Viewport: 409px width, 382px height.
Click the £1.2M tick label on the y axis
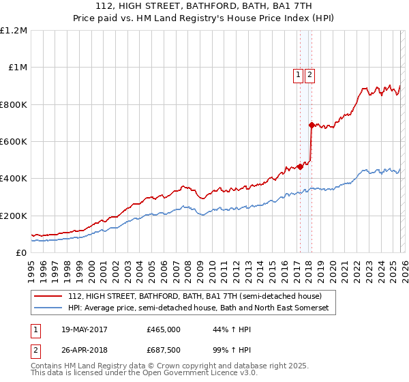(14, 31)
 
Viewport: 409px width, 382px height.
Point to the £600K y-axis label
(14, 142)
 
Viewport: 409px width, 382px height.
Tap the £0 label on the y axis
(22, 252)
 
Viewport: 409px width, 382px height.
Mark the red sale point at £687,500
(311, 126)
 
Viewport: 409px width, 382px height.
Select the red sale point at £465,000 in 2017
(300, 166)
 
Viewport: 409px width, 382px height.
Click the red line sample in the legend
(49, 296)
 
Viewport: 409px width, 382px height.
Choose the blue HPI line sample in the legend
(49, 308)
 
